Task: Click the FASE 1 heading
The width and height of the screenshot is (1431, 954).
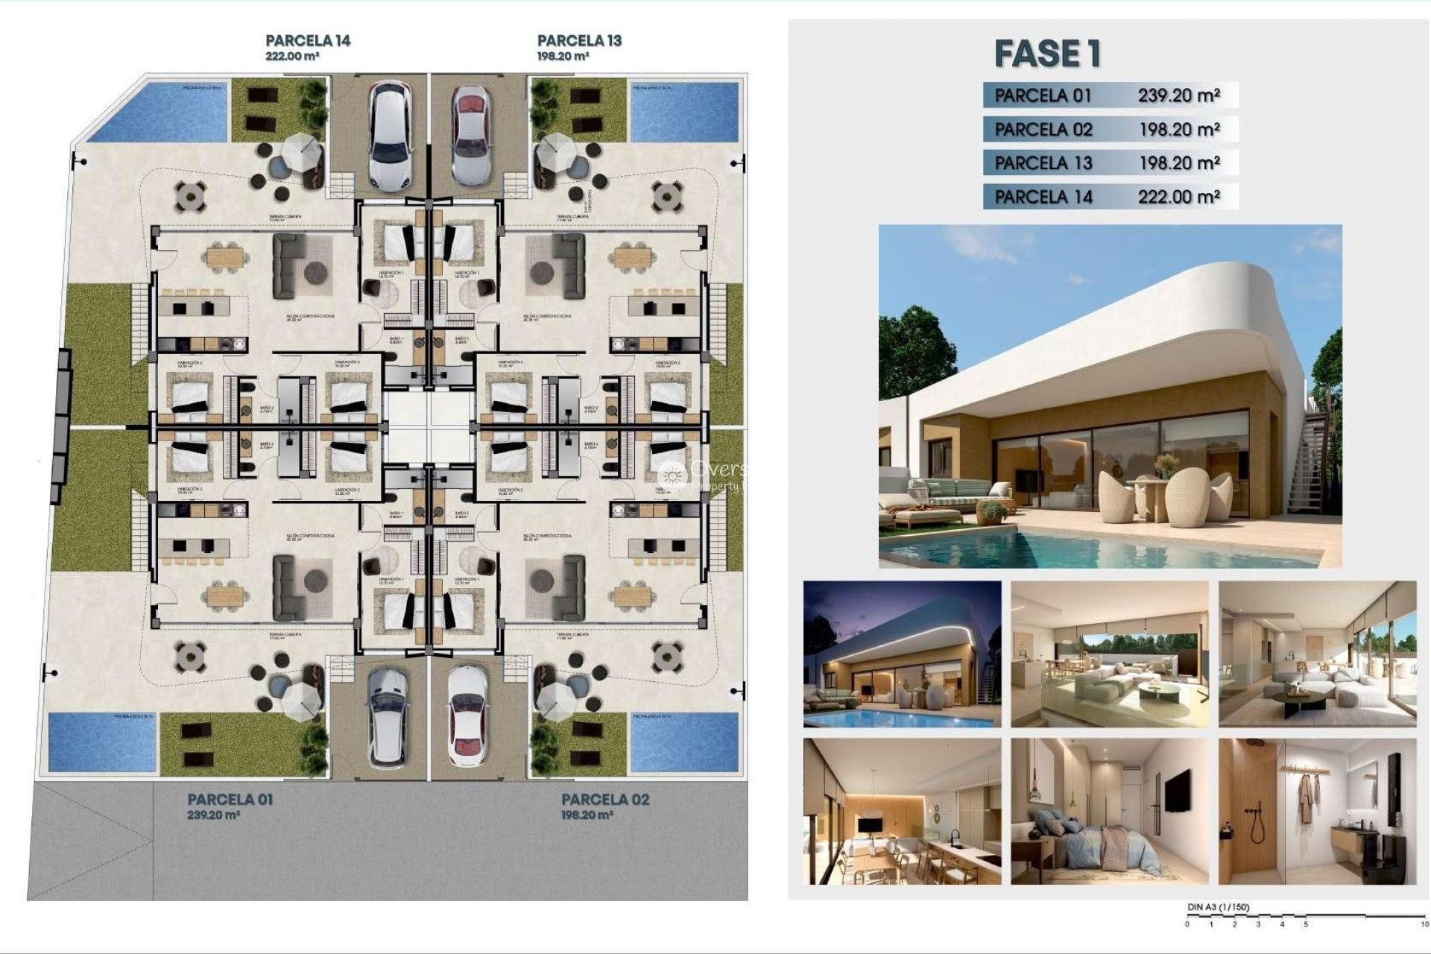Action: click(x=1047, y=54)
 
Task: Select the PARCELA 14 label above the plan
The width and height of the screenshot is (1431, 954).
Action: click(x=308, y=41)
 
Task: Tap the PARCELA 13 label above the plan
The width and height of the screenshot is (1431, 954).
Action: click(x=579, y=41)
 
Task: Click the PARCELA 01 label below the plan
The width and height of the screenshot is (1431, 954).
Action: click(x=230, y=800)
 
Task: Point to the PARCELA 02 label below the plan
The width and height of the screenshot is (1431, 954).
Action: click(x=605, y=800)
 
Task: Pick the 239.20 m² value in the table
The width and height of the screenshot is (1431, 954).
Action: click(x=1178, y=95)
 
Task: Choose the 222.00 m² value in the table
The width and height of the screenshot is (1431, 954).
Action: click(x=1178, y=197)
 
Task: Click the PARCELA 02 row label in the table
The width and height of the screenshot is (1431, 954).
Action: click(x=1043, y=130)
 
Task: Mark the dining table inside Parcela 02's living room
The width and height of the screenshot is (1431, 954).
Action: click(x=631, y=595)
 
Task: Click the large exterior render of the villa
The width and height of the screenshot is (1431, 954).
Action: click(x=1110, y=396)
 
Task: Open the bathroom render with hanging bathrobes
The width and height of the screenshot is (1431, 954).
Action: click(x=1317, y=810)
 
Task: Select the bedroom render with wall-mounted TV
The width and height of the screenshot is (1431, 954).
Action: click(x=1109, y=810)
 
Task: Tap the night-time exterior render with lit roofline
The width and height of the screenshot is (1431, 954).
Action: click(x=902, y=654)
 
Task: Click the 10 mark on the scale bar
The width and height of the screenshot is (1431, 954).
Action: click(x=1424, y=925)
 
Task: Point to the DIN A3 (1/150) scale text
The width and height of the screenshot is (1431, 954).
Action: click(x=1219, y=907)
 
